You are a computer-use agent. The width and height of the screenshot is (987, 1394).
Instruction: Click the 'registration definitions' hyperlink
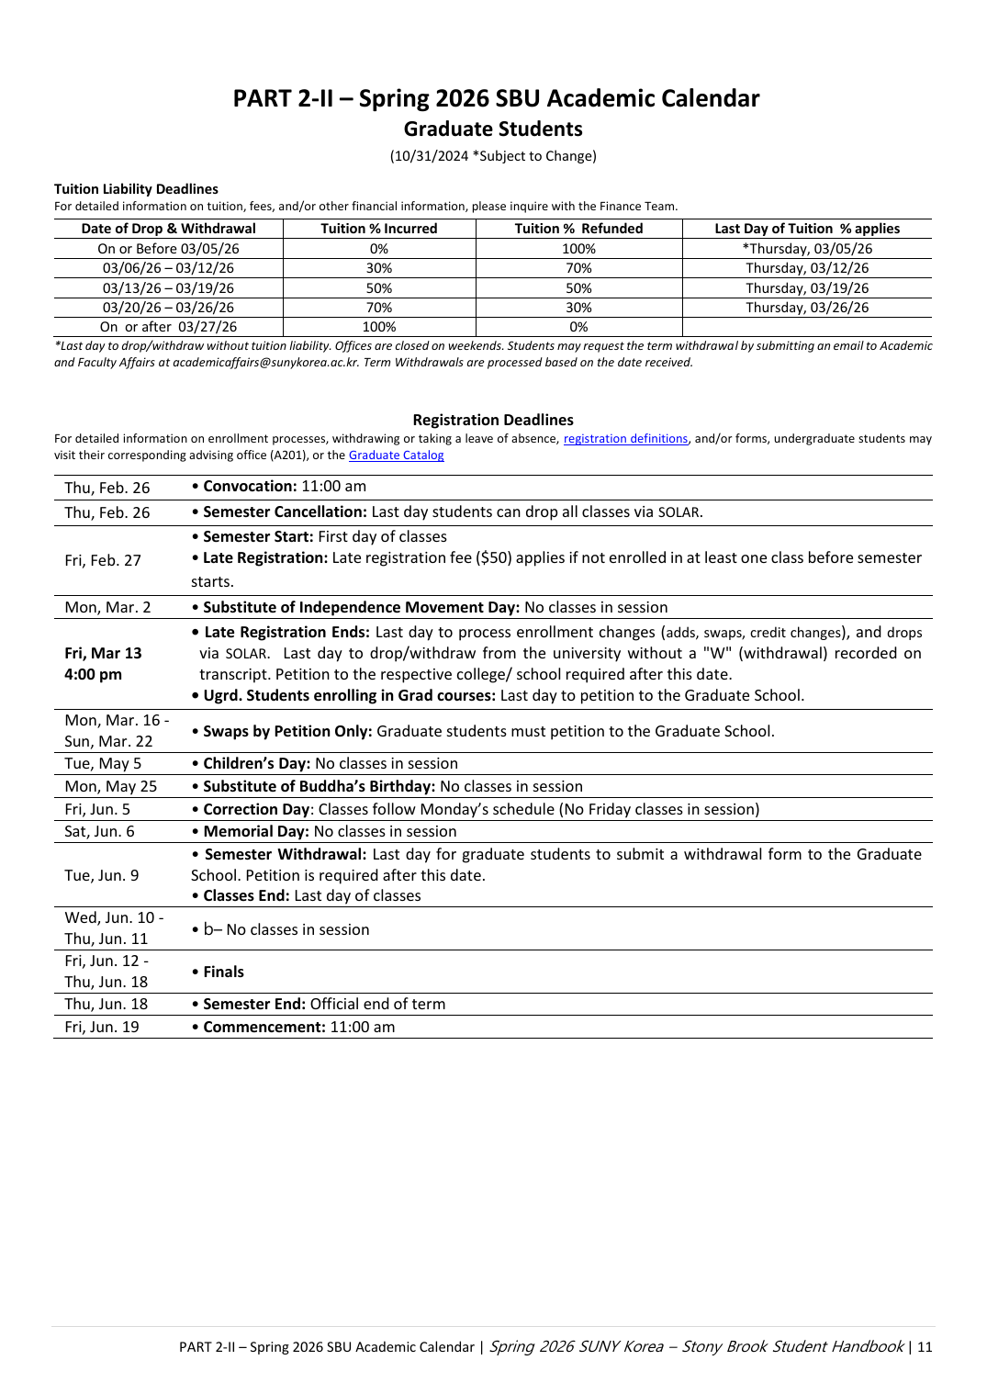[x=625, y=439]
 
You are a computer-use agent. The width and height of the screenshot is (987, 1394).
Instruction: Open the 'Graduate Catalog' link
[x=396, y=455]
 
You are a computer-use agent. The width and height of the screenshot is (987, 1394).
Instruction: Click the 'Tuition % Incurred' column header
[x=378, y=229]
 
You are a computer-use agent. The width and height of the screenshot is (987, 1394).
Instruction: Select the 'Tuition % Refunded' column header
[x=578, y=229]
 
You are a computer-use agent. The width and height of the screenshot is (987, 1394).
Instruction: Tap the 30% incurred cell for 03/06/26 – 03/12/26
[x=378, y=268]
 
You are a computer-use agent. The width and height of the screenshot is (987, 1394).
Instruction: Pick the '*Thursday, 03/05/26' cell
[x=807, y=249]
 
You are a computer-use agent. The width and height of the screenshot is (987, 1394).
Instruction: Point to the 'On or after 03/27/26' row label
[x=168, y=327]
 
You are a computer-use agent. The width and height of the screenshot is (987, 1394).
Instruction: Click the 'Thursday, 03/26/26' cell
[x=807, y=308]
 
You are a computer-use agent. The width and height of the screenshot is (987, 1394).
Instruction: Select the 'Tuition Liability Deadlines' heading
[x=136, y=189]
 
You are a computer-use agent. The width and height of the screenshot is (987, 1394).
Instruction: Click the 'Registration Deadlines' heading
[x=493, y=420]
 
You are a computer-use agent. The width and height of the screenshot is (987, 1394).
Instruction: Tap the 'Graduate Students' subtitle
[x=493, y=129]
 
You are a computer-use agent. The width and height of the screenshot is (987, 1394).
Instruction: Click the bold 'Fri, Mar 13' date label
[x=103, y=653]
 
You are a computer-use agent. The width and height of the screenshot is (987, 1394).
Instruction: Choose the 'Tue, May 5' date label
[x=103, y=763]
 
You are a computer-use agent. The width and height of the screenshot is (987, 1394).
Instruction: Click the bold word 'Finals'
[x=223, y=972]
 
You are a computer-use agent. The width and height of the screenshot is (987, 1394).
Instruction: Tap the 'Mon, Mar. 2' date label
[x=107, y=607]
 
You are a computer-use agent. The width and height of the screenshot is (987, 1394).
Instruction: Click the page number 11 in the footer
[x=925, y=1347]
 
